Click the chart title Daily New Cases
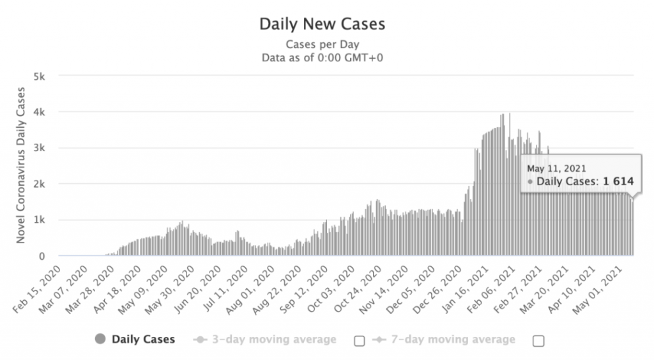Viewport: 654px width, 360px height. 322,24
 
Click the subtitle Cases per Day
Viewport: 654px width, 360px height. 322,45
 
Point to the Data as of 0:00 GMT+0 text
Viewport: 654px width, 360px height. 322,57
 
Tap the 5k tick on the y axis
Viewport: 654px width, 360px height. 39,76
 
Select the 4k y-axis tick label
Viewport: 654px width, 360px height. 39,112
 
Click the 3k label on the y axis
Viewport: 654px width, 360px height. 39,148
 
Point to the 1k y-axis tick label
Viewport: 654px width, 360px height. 39,220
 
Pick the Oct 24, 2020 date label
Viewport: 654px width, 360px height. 363,286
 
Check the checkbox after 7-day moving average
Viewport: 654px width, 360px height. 538,341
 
